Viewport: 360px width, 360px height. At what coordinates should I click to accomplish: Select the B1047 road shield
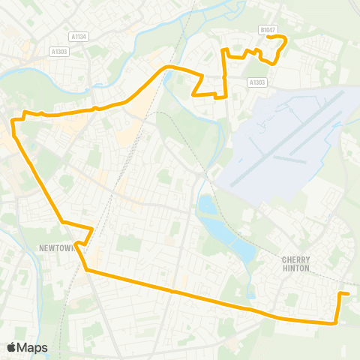[267, 30]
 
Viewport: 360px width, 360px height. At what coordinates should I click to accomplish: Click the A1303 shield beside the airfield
[256, 82]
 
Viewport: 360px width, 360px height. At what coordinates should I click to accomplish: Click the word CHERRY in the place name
[295, 259]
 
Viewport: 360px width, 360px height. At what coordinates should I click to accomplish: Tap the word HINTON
[295, 268]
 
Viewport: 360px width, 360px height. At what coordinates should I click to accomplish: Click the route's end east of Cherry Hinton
[348, 294]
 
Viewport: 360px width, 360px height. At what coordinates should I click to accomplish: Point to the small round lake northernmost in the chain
[206, 203]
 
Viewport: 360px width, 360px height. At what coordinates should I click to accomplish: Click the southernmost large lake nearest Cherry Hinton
[241, 248]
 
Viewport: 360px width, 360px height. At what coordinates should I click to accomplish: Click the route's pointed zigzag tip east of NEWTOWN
[92, 229]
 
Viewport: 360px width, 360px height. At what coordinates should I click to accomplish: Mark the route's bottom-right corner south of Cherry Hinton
[334, 323]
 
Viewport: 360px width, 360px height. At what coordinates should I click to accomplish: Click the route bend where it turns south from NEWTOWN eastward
[86, 268]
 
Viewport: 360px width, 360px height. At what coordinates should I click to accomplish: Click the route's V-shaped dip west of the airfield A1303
[193, 95]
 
